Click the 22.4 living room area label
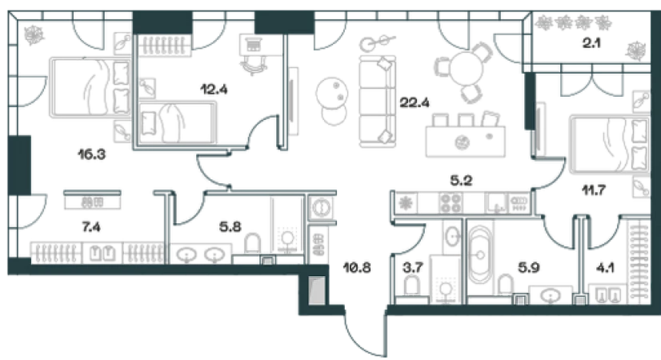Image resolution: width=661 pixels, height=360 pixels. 415,102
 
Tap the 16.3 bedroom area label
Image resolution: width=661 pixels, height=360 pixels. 91,154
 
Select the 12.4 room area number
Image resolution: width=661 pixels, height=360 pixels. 214,90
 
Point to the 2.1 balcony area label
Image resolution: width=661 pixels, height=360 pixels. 591,43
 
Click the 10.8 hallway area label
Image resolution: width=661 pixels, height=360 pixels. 357,267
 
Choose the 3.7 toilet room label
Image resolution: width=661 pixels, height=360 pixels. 413,267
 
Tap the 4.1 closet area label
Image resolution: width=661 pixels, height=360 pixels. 605,267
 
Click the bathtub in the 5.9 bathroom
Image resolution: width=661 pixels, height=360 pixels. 481,255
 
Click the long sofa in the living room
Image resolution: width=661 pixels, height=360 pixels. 377,102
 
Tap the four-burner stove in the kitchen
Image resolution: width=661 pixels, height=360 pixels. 451,202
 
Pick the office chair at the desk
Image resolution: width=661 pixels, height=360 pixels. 253,66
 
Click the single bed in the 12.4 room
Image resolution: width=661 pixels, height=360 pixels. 177,122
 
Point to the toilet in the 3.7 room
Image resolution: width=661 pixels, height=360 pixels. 412,286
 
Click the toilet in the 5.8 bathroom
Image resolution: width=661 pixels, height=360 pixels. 253,244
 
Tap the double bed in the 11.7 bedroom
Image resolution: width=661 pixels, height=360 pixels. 609,145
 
